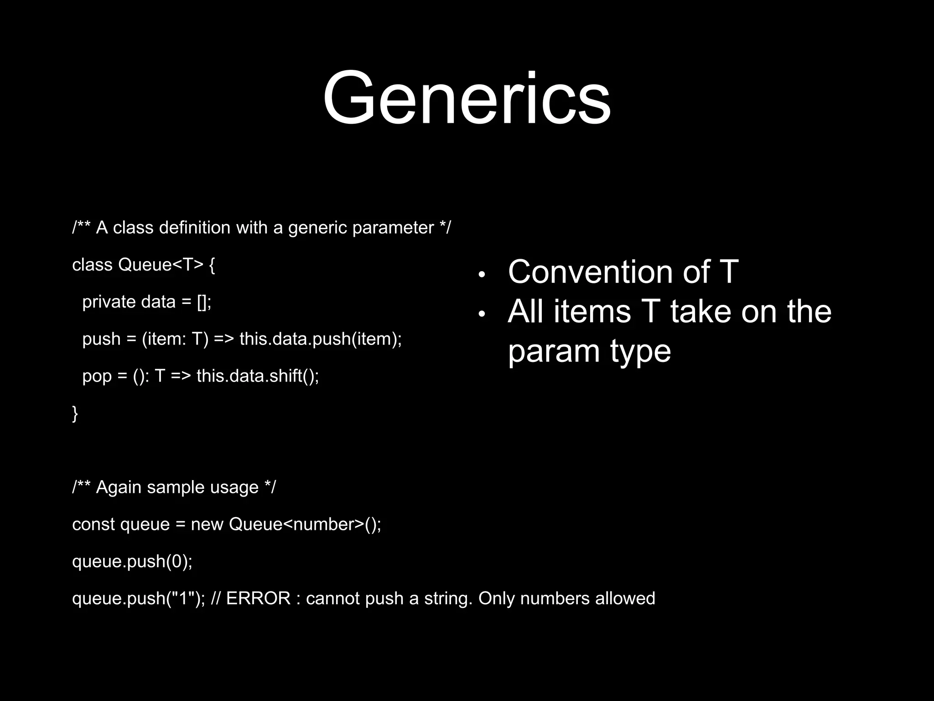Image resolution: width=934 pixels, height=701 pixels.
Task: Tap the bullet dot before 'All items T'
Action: [482, 314]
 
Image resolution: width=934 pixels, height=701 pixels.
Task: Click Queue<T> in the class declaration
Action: [160, 265]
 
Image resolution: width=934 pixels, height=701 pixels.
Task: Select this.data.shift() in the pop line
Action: [257, 376]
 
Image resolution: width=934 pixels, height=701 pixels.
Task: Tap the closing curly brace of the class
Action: [75, 413]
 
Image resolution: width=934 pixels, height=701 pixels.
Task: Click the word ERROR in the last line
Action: [258, 598]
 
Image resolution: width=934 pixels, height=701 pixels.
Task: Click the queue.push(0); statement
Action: [132, 561]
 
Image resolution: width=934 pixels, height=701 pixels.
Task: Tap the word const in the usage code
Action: [93, 524]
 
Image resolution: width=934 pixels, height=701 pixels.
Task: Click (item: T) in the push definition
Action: [175, 339]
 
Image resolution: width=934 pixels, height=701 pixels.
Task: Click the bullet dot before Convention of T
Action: [482, 275]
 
